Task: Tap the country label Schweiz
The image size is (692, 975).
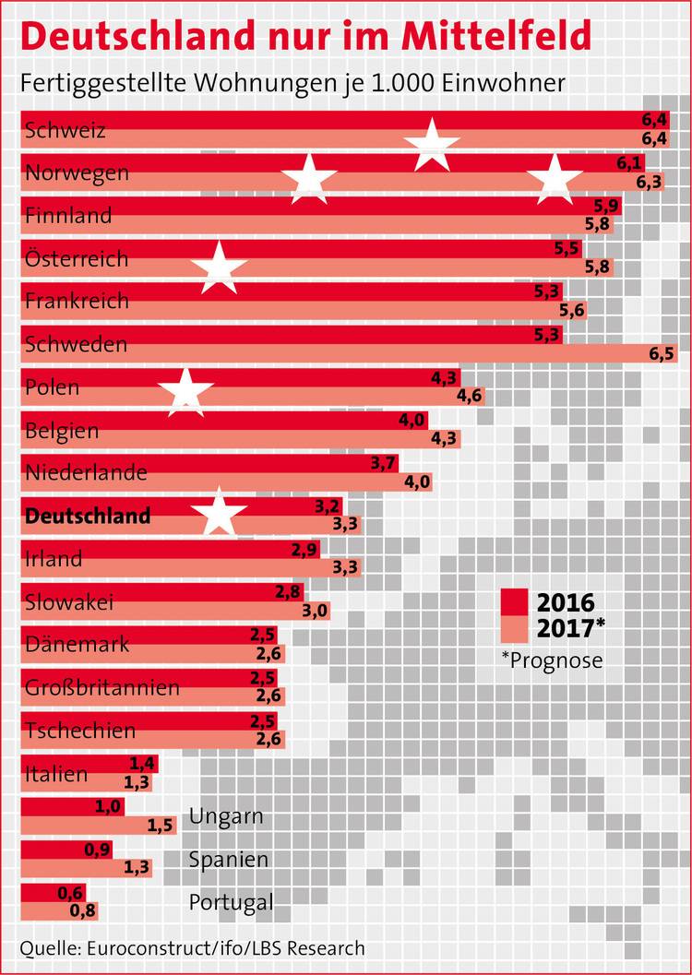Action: (x=66, y=130)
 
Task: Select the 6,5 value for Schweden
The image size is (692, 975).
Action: (x=662, y=353)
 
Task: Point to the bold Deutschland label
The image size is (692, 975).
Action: (x=88, y=516)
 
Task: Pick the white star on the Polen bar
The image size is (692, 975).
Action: (x=185, y=391)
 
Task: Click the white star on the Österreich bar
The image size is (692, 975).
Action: (x=219, y=268)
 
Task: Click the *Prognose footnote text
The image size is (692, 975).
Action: (x=552, y=660)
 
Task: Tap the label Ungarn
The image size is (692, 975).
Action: (x=226, y=816)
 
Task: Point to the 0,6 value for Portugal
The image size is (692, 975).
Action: (x=70, y=893)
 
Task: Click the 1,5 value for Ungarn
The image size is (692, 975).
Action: (x=161, y=826)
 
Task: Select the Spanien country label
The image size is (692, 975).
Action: (x=229, y=860)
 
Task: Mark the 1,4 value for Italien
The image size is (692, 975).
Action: (x=143, y=763)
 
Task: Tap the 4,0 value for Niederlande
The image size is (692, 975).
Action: (x=416, y=482)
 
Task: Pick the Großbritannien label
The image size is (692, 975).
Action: (x=102, y=688)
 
